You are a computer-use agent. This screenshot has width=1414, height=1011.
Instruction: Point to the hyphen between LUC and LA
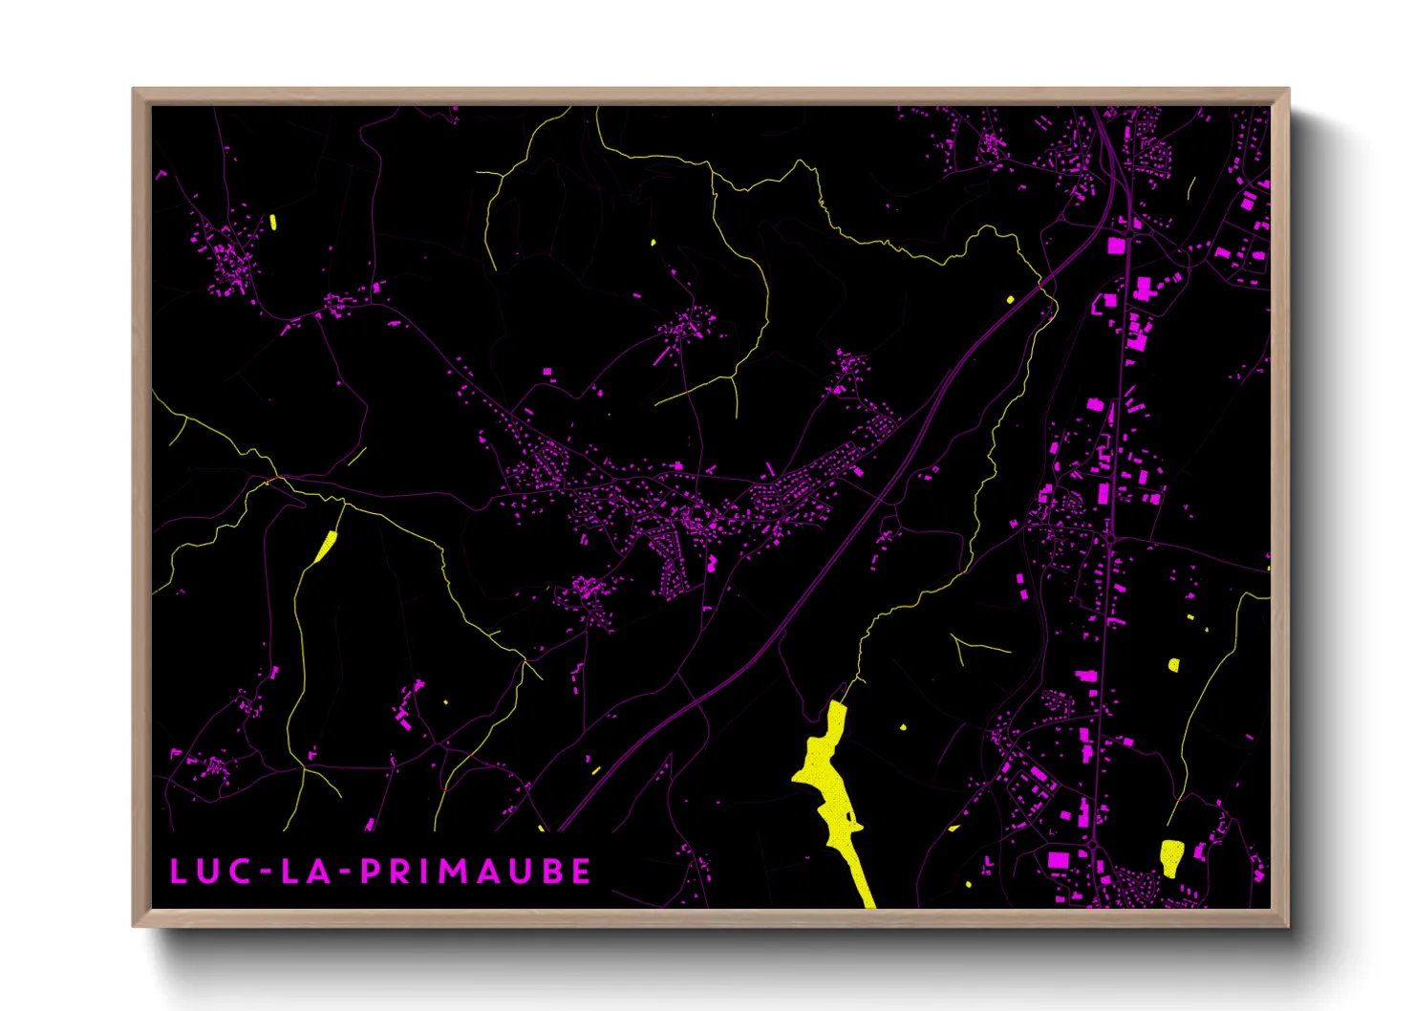(x=265, y=871)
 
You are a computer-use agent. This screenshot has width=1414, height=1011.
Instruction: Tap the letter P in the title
(x=371, y=871)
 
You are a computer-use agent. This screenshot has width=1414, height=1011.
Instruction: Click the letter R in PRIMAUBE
(x=401, y=871)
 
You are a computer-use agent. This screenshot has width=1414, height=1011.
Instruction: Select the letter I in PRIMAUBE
(x=427, y=871)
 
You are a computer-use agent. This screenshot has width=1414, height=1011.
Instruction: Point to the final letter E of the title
(x=581, y=871)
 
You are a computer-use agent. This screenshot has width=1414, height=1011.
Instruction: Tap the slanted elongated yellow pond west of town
(x=326, y=547)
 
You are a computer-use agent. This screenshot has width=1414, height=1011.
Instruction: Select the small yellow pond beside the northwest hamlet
(x=273, y=222)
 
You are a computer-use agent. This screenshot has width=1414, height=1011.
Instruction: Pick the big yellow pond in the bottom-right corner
(x=1171, y=856)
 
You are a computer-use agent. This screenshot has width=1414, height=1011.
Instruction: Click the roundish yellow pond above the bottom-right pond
(x=1173, y=664)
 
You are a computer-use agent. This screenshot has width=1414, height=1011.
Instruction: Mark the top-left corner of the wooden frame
(x=134, y=90)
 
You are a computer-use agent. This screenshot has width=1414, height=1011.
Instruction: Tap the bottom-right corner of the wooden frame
(x=1288, y=925)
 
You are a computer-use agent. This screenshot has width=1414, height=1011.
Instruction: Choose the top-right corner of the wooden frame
(x=1288, y=90)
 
